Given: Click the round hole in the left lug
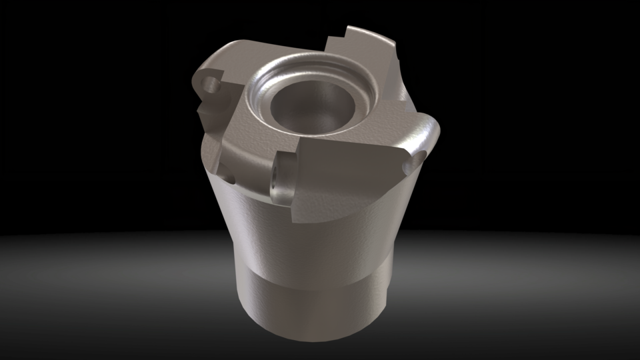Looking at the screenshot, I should [x=213, y=84].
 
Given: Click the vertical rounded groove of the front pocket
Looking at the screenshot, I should [x=285, y=179].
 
